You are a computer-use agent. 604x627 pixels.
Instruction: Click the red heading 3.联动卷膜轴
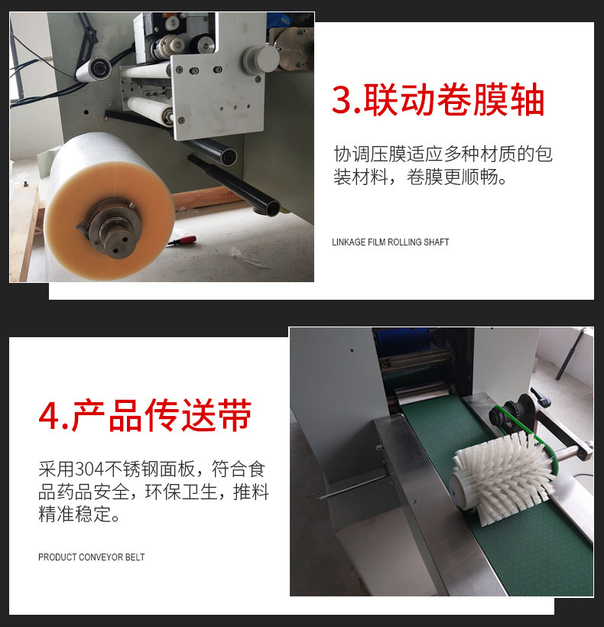[438, 99]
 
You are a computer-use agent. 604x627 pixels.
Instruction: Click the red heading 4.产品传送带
[145, 415]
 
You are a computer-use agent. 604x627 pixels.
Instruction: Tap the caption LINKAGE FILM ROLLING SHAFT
[390, 242]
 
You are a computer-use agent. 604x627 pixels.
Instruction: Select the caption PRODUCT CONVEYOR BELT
[91, 557]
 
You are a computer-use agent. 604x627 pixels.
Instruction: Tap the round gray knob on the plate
[261, 59]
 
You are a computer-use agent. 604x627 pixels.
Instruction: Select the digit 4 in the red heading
[49, 416]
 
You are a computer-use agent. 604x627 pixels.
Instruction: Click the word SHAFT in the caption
[437, 242]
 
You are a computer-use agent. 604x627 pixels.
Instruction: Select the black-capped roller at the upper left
[94, 69]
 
